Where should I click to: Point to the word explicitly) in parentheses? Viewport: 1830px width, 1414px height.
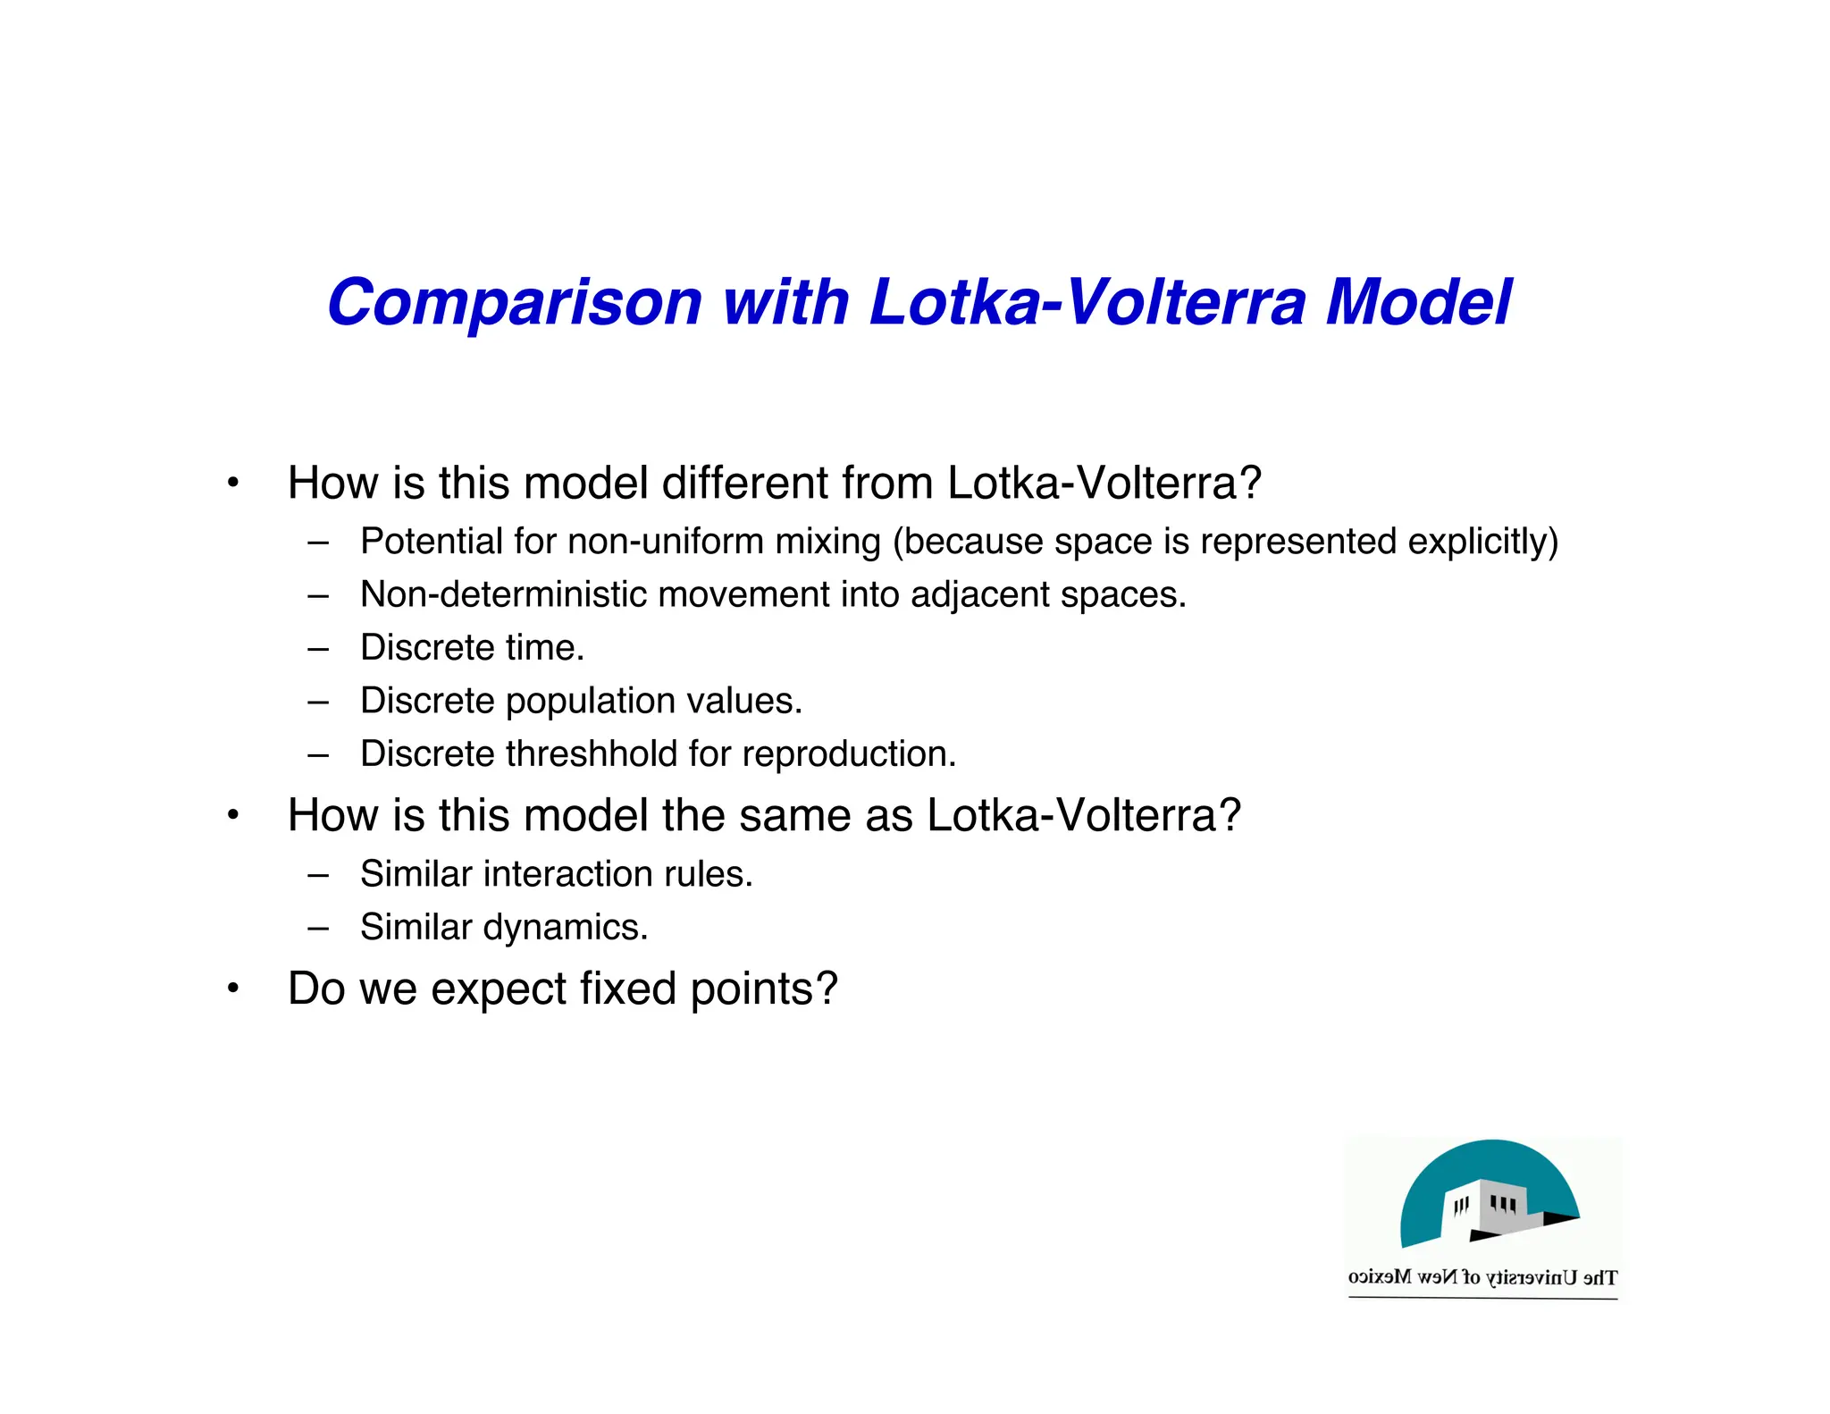1482,542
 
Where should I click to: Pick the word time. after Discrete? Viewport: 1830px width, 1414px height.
544,648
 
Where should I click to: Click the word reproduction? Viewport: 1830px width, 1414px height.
849,754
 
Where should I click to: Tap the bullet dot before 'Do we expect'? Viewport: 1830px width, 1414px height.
232,989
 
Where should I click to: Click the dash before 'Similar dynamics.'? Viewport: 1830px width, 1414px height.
317,928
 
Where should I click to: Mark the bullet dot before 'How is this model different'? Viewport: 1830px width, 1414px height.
232,484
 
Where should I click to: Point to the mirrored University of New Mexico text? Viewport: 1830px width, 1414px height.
1482,1277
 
